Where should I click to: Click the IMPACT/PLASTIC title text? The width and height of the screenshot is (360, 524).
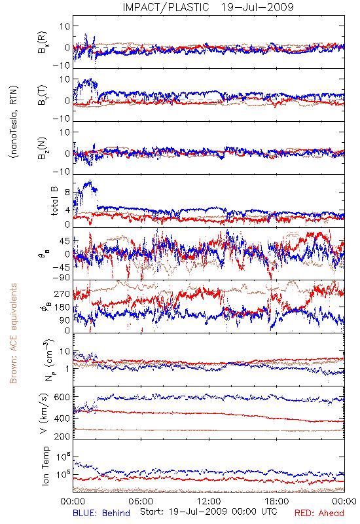click(166, 7)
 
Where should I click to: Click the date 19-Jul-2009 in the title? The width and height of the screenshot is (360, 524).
click(257, 7)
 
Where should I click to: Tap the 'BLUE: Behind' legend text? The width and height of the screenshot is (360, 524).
click(101, 513)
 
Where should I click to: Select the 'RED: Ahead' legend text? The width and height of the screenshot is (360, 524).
click(319, 513)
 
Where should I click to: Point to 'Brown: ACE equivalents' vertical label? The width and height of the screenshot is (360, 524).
click(13, 333)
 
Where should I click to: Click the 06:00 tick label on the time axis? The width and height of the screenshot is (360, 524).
click(141, 501)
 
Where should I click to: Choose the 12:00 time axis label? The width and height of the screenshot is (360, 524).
click(209, 501)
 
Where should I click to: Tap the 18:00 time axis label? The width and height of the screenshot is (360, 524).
click(277, 501)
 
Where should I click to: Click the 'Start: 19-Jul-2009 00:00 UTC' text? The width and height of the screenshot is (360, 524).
click(208, 512)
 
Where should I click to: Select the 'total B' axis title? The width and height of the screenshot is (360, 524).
click(54, 201)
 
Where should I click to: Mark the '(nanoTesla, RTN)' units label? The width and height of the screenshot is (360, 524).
click(14, 121)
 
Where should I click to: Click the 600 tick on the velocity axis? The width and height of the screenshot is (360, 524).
click(62, 397)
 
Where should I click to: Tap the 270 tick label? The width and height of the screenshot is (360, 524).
click(62, 293)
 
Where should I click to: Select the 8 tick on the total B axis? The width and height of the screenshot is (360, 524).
click(67, 193)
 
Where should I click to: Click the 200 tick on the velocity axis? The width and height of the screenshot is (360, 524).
click(62, 436)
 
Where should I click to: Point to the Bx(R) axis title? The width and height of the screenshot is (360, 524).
click(43, 43)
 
